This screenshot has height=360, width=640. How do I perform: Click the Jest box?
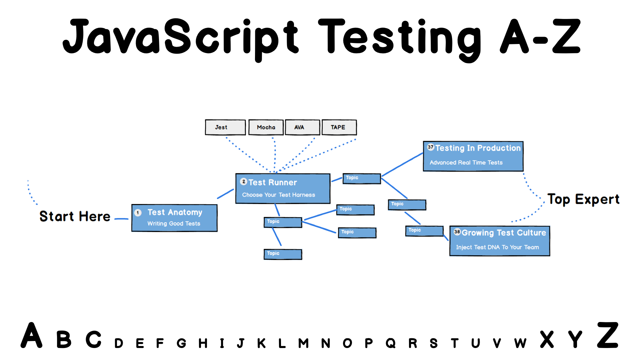pos(225,127)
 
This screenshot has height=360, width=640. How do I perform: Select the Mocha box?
pos(266,127)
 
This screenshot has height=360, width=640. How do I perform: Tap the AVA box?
pos(302,127)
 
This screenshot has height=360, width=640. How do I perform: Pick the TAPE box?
pos(339,127)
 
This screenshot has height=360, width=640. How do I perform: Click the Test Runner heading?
pos(273,182)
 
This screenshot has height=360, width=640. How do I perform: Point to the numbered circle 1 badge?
pos(138,213)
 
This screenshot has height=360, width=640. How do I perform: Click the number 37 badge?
pos(431,147)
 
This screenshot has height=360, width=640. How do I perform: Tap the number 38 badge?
pos(457,232)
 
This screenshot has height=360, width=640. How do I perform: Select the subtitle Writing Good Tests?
pos(174,224)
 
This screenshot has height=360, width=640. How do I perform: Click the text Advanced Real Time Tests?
pos(466,163)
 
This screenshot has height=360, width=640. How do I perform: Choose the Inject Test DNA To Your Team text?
pos(497,247)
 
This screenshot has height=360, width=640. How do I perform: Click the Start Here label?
pos(75,216)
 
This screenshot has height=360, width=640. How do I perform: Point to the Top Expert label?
pos(583,199)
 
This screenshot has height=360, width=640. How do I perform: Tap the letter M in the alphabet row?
pos(303,343)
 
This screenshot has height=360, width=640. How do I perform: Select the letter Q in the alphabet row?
pos(391,343)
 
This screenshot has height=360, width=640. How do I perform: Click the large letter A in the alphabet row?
pos(32,336)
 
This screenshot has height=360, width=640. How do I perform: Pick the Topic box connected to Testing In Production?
pos(362,179)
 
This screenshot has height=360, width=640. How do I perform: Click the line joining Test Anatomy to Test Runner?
pos(226,194)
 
